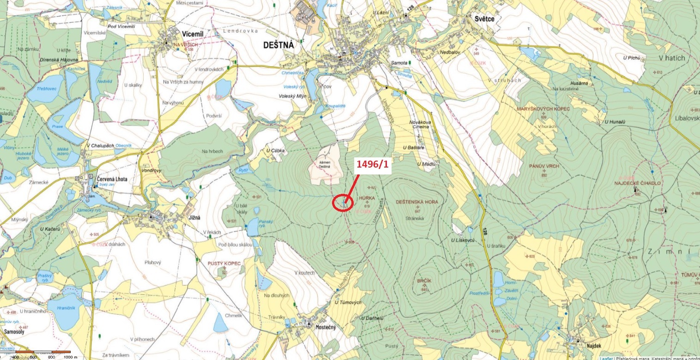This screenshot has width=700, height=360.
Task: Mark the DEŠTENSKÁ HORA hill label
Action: [417, 202]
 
